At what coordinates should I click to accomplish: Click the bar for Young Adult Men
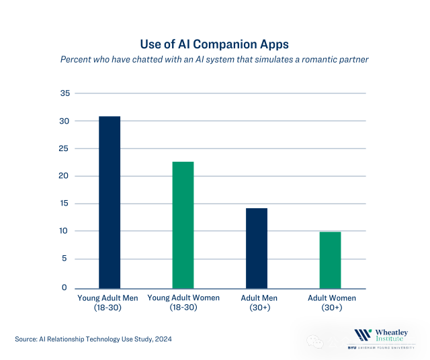[110, 202]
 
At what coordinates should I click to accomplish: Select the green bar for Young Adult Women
[183, 225]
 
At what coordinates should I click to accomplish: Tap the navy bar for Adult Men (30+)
[256, 248]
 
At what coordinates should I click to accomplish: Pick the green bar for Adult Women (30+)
[330, 260]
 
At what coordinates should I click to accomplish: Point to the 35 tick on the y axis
[65, 93]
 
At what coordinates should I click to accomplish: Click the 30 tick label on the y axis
[65, 121]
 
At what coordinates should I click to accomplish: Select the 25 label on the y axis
[65, 148]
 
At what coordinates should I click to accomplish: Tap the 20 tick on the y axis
[65, 176]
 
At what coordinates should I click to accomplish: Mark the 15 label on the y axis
[65, 204]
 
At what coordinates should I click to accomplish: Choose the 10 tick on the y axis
[65, 231]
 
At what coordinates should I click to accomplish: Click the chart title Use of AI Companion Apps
[214, 44]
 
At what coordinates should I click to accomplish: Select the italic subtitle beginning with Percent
[214, 59]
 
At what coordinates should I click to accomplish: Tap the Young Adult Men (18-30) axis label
[108, 302]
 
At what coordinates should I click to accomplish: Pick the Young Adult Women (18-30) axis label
[183, 302]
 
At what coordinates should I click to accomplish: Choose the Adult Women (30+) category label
[331, 302]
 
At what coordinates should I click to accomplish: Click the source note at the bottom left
[93, 339]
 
